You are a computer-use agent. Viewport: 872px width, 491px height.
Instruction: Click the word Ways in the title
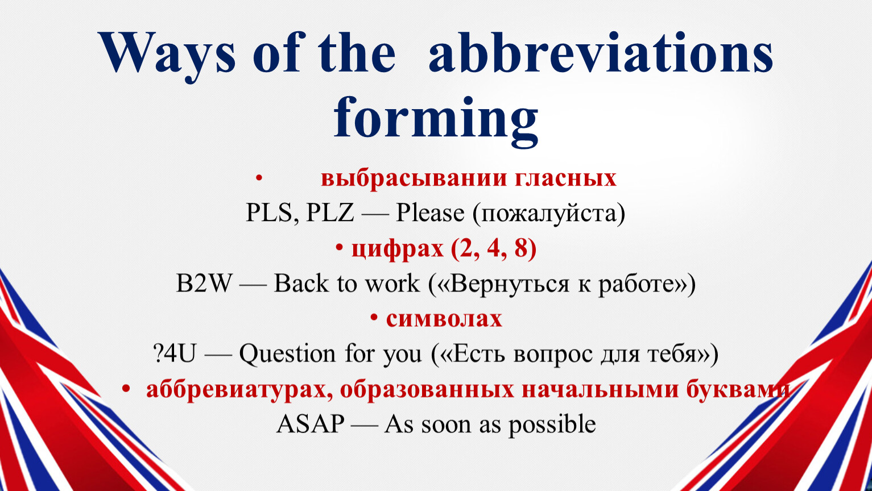pos(167,54)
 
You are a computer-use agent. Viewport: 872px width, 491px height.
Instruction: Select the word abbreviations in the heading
pos(601,52)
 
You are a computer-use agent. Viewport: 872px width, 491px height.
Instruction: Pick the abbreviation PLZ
pos(330,213)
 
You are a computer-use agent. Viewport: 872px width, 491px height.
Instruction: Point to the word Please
pos(430,213)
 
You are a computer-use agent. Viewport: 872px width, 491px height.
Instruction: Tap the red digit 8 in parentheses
pos(521,248)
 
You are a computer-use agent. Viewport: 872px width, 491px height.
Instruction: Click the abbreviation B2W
pos(204,283)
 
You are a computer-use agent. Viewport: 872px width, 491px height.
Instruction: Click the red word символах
pos(444,319)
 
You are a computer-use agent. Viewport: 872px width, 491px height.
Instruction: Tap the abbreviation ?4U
pos(175,353)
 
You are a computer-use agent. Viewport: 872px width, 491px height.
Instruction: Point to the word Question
pos(287,355)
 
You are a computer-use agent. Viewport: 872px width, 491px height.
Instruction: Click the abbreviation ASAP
pos(310,424)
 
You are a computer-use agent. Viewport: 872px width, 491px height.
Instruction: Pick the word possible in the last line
pos(552,425)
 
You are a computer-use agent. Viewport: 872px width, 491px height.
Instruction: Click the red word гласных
pos(566,179)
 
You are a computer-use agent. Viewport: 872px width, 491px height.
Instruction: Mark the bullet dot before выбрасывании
pos(259,178)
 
